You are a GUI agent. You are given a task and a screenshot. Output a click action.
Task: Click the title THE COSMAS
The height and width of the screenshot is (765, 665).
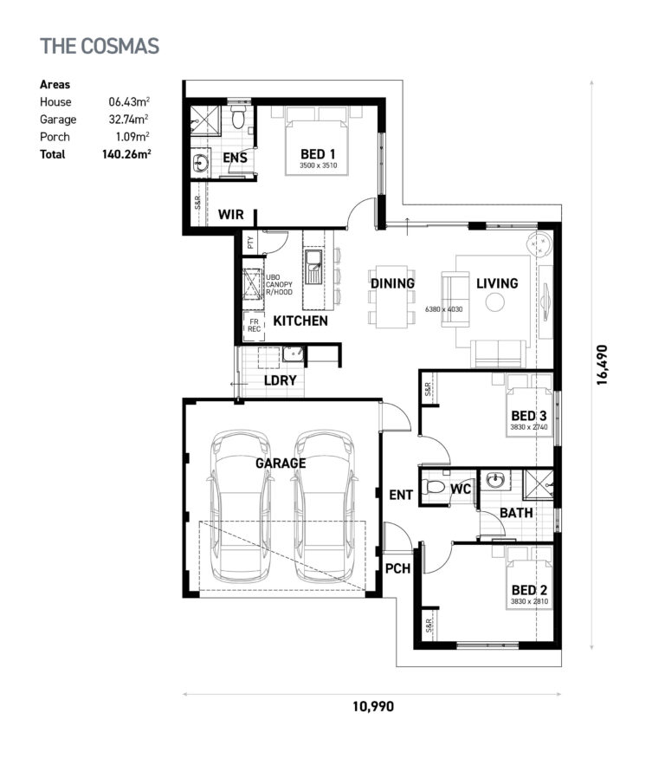pyautogui.click(x=100, y=46)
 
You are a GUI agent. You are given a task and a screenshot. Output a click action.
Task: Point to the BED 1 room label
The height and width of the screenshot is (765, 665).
pyautogui.click(x=318, y=154)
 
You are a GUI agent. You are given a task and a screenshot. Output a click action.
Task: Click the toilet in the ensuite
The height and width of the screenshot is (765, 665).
pyautogui.click(x=240, y=117)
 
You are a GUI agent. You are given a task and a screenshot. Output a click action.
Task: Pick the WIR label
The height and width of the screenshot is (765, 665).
pyautogui.click(x=230, y=214)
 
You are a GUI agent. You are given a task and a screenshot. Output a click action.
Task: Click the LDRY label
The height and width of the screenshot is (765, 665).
pyautogui.click(x=280, y=379)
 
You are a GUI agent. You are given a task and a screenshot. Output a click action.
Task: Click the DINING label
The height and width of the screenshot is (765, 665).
pyautogui.click(x=392, y=283)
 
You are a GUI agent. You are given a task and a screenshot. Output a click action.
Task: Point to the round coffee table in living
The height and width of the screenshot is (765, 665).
pyautogui.click(x=495, y=302)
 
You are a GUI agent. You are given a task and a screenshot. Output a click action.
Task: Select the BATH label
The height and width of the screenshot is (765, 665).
pyautogui.click(x=516, y=513)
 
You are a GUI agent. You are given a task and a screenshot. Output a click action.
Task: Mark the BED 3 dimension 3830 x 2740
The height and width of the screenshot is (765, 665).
pyautogui.click(x=529, y=427)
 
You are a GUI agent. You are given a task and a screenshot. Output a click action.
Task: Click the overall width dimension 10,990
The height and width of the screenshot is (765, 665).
pyautogui.click(x=372, y=706)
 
